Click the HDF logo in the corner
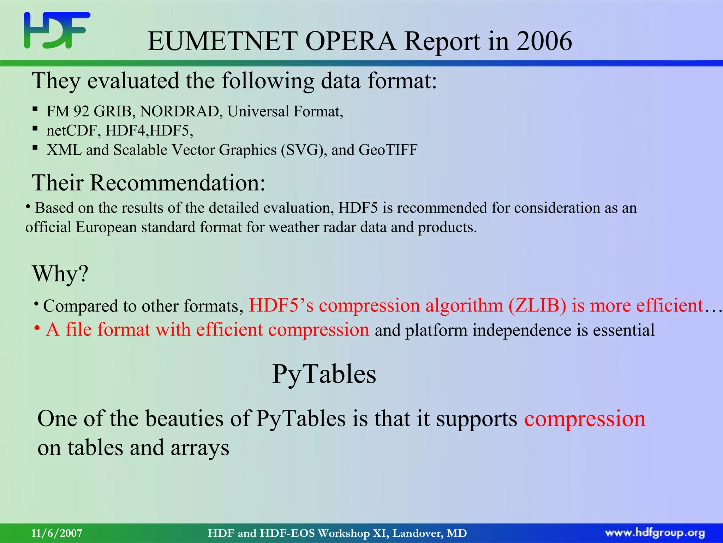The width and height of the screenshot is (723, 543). (x=56, y=30)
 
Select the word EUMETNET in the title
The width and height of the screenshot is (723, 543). (x=222, y=41)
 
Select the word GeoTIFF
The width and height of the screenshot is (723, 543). (x=388, y=150)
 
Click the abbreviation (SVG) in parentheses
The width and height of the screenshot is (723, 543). (x=304, y=150)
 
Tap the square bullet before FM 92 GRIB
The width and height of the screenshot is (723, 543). (x=35, y=109)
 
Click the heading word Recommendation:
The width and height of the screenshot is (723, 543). (x=177, y=183)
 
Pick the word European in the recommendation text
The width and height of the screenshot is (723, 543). (x=106, y=227)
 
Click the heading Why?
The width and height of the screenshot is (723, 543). (x=60, y=274)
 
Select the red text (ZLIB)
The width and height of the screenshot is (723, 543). (x=537, y=306)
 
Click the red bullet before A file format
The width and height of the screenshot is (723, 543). (x=37, y=328)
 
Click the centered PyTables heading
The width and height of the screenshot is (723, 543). (x=324, y=374)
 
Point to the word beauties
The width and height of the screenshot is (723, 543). (x=184, y=419)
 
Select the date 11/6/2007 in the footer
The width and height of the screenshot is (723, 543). (x=56, y=533)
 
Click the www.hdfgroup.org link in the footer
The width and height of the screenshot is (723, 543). (x=655, y=533)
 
